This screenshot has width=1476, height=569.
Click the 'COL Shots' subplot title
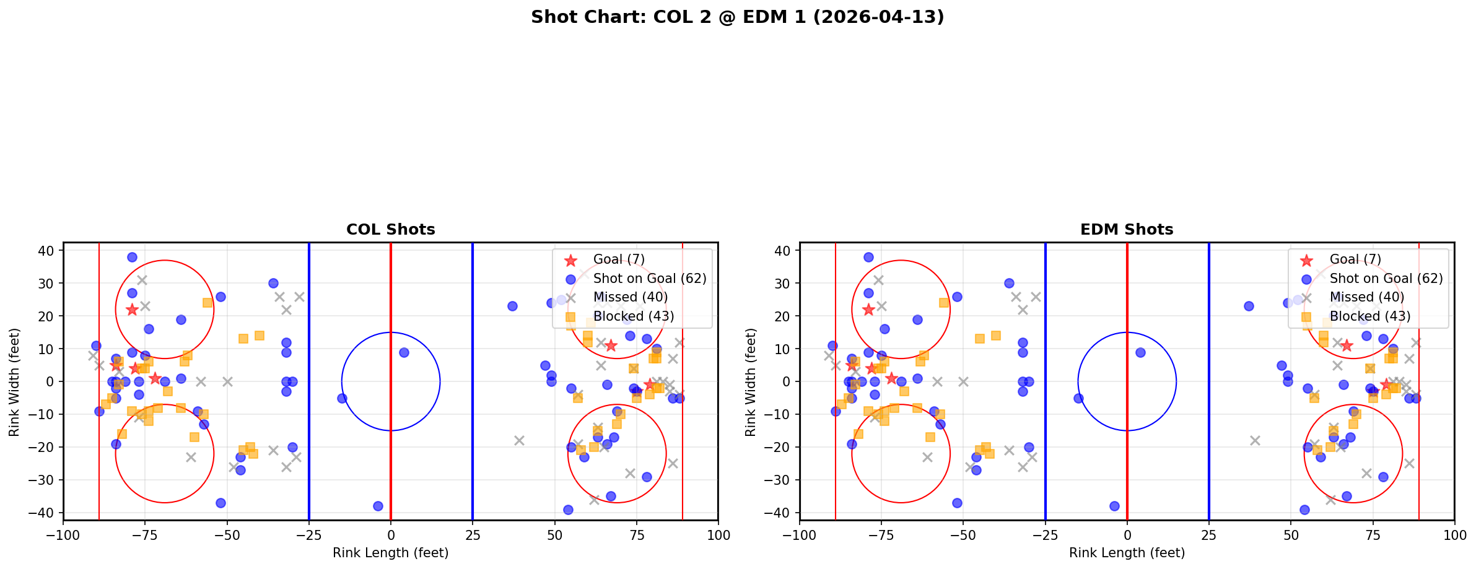pyautogui.click(x=390, y=230)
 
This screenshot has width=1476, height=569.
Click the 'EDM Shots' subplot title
pyautogui.click(x=1127, y=230)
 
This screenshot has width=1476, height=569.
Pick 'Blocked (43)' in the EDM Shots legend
pyautogui.click(x=1370, y=316)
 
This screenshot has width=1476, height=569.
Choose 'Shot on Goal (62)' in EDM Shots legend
pyautogui.click(x=1386, y=279)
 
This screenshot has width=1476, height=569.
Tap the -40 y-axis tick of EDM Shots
pyautogui.click(x=782, y=513)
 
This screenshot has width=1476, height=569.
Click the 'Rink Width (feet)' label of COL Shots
pyautogui.click(x=14, y=381)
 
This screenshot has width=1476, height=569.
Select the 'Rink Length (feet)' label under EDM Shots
pyautogui.click(x=1127, y=553)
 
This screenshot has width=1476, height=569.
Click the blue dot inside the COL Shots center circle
pyautogui.click(x=404, y=352)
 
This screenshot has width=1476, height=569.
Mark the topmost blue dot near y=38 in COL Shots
pyautogui.click(x=132, y=257)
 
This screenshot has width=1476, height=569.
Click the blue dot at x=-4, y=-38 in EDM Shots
pyautogui.click(x=1114, y=506)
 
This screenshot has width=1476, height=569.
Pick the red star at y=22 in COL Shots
pyautogui.click(x=132, y=310)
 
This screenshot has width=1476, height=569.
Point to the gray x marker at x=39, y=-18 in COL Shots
pyautogui.click(x=519, y=440)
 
